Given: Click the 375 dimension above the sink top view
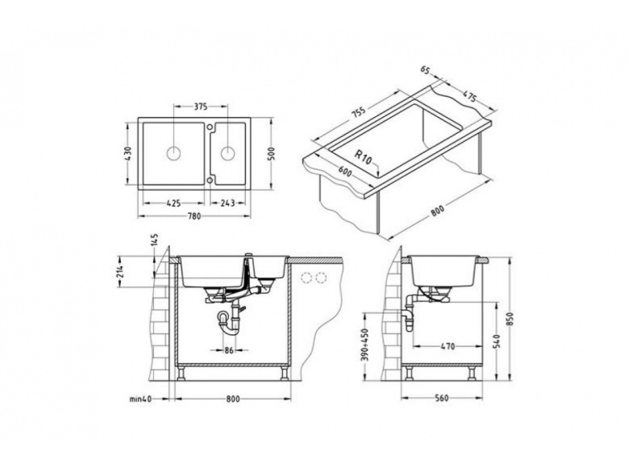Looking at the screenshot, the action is tap(201, 107).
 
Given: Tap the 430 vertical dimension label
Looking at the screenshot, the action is tap(128, 154).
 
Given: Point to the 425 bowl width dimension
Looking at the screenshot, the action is tap(173, 203).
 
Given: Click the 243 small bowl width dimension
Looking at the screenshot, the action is tap(227, 203).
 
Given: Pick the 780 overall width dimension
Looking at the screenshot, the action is tap(194, 216).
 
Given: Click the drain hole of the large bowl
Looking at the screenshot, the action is tap(173, 153).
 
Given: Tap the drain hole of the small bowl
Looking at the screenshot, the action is tap(227, 153).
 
